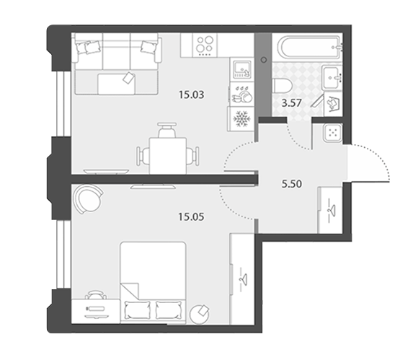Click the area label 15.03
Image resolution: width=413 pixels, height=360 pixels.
(x=192, y=95)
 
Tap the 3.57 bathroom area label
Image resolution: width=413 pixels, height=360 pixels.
(x=291, y=102)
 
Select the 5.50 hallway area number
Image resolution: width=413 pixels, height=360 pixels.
(x=292, y=184)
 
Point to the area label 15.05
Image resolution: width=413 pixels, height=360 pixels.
(x=191, y=217)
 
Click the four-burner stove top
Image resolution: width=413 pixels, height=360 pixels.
(x=205, y=45)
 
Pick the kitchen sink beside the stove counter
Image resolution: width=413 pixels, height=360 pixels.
(x=241, y=69)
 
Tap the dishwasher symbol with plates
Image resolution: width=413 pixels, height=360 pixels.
(x=241, y=94)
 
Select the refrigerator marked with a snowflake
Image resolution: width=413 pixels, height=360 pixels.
(x=241, y=119)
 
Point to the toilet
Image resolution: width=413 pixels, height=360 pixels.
(x=283, y=86)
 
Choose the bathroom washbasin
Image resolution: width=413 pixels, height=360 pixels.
(x=332, y=77)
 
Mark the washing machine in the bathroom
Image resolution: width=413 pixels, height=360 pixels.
(x=334, y=104)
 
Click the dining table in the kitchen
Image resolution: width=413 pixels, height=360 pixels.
(x=168, y=156)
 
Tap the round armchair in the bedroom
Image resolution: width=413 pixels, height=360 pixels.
(x=88, y=199)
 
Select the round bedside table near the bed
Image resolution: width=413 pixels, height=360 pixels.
(x=200, y=314)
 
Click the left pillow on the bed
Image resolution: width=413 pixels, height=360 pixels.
(x=135, y=310)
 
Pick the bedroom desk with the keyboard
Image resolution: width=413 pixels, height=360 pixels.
(x=96, y=311)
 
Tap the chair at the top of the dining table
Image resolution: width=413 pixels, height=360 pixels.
(x=166, y=130)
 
